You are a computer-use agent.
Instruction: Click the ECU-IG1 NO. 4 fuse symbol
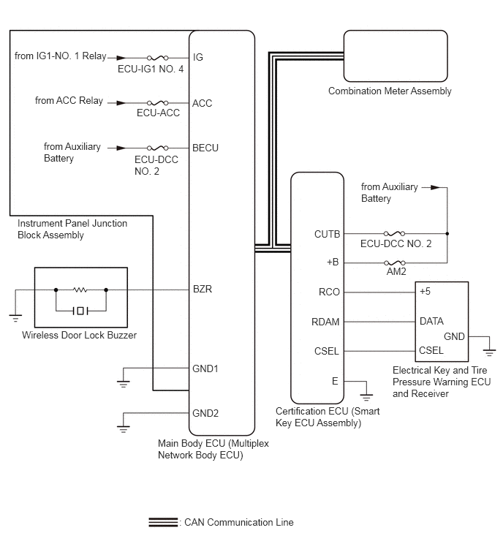coord(157,57)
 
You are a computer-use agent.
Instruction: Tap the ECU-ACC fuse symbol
coord(157,103)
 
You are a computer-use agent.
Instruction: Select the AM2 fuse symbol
coord(394,262)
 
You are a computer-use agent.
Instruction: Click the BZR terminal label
coord(203,289)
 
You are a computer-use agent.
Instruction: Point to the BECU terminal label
coord(205,148)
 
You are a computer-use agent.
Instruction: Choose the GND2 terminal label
coord(205,413)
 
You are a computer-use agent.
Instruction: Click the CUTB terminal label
coord(327,234)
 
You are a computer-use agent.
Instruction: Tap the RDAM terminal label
coord(325,322)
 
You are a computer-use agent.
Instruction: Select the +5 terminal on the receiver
coord(425,291)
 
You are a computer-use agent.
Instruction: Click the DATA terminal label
coord(431,321)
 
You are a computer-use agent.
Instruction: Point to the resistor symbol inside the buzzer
coord(80,290)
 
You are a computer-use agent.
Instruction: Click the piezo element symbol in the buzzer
coord(80,311)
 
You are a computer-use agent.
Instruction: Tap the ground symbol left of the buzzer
coord(15,318)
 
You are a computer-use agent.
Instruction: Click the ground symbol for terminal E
coord(366,398)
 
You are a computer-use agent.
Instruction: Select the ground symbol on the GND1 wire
coord(124,384)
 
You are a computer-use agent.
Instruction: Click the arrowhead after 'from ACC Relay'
coord(121,103)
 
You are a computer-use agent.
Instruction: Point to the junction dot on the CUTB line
coord(447,233)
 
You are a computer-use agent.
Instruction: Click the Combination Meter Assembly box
coord(396,56)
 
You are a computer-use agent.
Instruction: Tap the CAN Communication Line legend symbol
coord(163,522)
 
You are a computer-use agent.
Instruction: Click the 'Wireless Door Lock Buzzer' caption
coord(79,335)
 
